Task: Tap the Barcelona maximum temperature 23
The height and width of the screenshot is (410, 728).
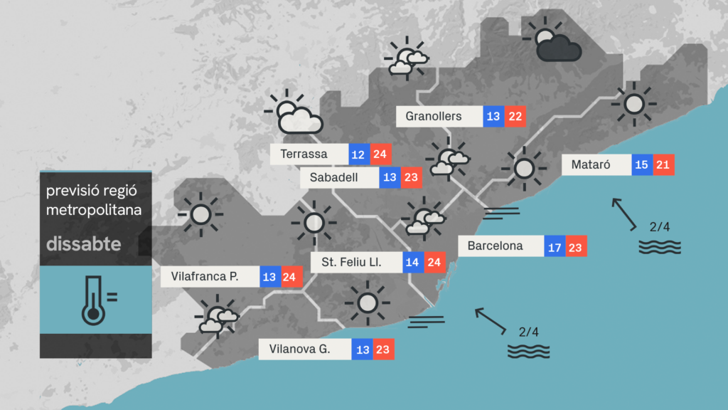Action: pos(576,246)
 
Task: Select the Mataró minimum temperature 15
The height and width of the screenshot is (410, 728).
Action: pos(642,165)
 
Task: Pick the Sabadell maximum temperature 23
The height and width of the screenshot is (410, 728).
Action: pos(411,178)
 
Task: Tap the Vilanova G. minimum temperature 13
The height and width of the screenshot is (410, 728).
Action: pos(363,349)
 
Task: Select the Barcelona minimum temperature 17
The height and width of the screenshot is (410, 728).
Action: pos(555,246)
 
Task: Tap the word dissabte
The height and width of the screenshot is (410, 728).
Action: pos(83,244)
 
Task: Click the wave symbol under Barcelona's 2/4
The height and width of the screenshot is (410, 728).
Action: pos(528,351)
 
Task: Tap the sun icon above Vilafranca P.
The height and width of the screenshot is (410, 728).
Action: pos(200,214)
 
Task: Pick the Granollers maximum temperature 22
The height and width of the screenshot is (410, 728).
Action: pos(515,116)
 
